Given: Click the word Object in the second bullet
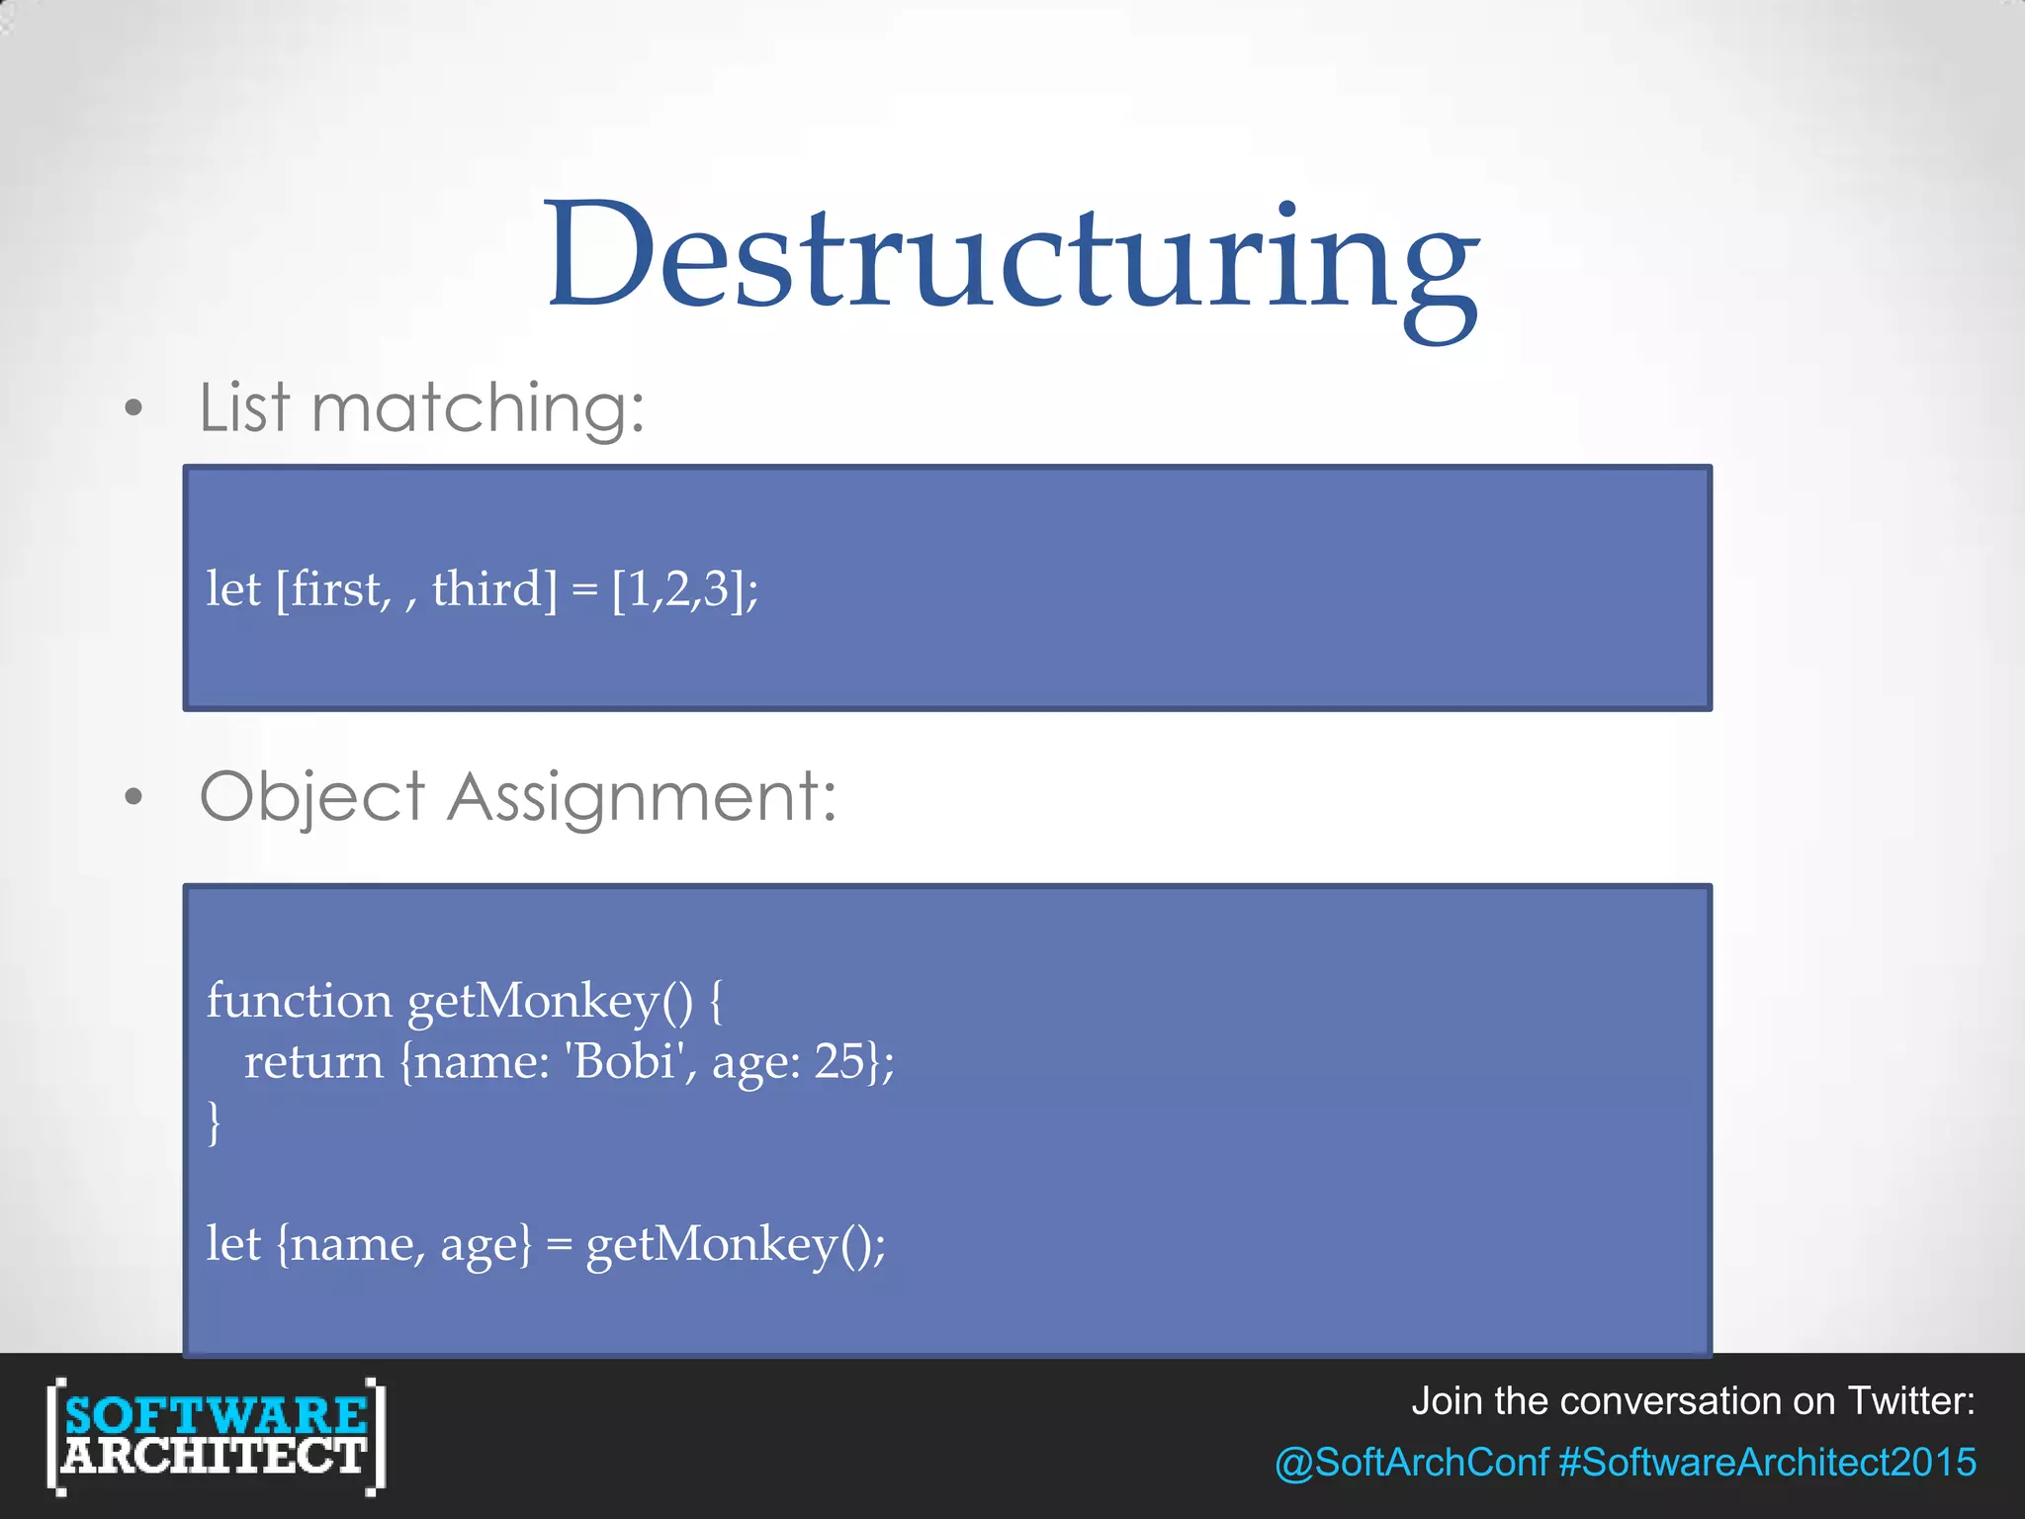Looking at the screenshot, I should click(x=312, y=797).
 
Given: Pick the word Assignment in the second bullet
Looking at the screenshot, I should click(x=641, y=797).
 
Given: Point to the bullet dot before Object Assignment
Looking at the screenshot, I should click(x=134, y=797).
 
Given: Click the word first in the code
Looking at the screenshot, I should click(x=334, y=589).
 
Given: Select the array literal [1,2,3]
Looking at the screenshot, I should click(x=678, y=589).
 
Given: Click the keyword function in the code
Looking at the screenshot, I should click(x=299, y=1001).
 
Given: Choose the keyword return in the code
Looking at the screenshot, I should click(x=313, y=1062).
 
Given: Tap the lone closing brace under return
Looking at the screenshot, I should click(x=214, y=1123).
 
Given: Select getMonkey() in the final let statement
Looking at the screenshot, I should click(x=730, y=1244).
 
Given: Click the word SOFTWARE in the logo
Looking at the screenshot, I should click(x=216, y=1416).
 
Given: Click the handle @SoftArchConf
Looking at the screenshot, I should click(x=1411, y=1463).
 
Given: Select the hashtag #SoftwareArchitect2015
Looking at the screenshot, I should click(x=1767, y=1463).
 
